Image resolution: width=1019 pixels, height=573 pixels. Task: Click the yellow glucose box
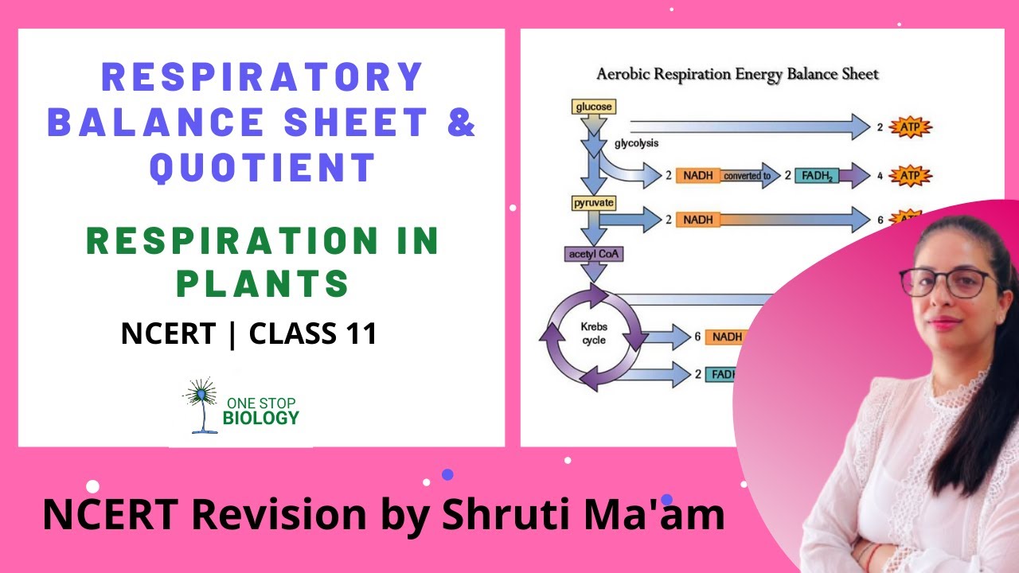(x=593, y=107)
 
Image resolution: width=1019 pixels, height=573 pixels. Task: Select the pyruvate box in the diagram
(x=594, y=203)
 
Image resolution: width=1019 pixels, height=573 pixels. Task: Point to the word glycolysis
(x=635, y=144)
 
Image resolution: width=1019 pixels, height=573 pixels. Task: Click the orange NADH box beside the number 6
(x=727, y=337)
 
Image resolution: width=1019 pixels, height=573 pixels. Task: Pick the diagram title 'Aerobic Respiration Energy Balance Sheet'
(x=737, y=75)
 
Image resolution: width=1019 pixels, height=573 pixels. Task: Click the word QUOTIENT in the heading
(x=263, y=168)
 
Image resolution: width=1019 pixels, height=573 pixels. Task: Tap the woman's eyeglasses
(x=947, y=281)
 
